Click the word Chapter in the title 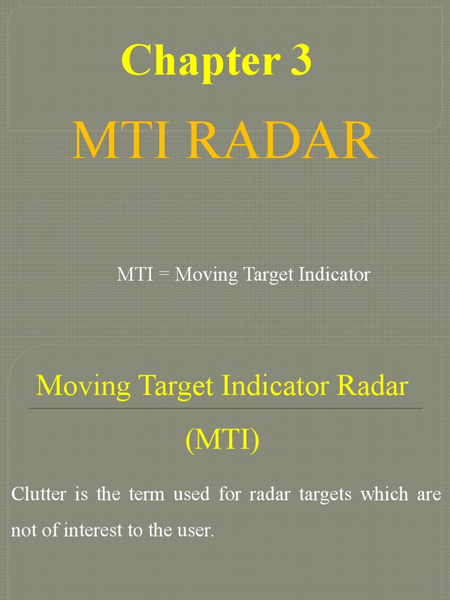[196, 61]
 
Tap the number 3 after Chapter [299, 61]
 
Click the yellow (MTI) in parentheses [223, 440]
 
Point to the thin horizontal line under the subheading [226, 408]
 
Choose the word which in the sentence [384, 494]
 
